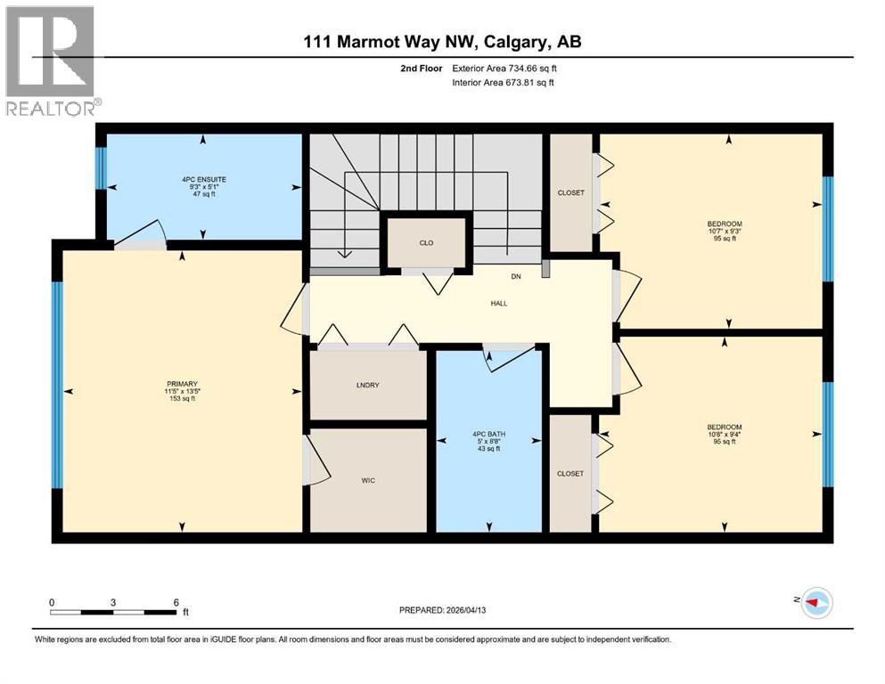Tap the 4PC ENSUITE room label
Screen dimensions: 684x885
click(x=203, y=179)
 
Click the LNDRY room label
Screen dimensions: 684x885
click(x=367, y=385)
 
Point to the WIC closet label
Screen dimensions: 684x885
click(x=367, y=480)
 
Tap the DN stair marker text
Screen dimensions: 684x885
click(x=515, y=277)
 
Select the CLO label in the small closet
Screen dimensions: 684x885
click(x=426, y=243)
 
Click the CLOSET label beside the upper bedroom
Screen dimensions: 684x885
click(x=570, y=192)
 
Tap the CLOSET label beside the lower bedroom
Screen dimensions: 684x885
click(x=570, y=473)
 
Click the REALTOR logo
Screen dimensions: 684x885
click(x=51, y=61)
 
